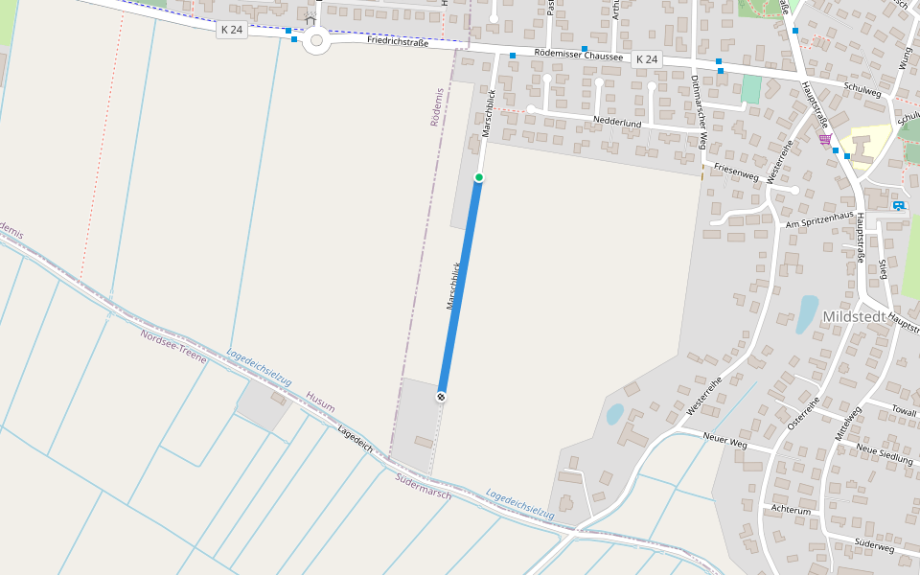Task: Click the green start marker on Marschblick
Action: pyautogui.click(x=479, y=177)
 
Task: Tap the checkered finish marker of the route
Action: pyautogui.click(x=441, y=396)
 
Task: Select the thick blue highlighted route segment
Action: pyautogui.click(x=460, y=287)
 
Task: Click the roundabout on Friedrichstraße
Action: pyautogui.click(x=315, y=41)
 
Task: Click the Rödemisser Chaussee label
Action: pyautogui.click(x=578, y=57)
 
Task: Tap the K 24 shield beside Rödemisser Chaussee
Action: pyautogui.click(x=648, y=59)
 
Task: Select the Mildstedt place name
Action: pyautogui.click(x=859, y=315)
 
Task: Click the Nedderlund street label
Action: pyautogui.click(x=617, y=122)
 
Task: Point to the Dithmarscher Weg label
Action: pyautogui.click(x=699, y=112)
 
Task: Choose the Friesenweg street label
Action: pyautogui.click(x=736, y=171)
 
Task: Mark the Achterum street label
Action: pyautogui.click(x=791, y=511)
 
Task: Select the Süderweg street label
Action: pyautogui.click(x=873, y=547)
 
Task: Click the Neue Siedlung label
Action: pyautogui.click(x=884, y=453)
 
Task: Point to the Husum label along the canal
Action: pyautogui.click(x=321, y=401)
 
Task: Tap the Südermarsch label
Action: pyautogui.click(x=423, y=485)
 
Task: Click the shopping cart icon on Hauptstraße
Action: pyautogui.click(x=825, y=139)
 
